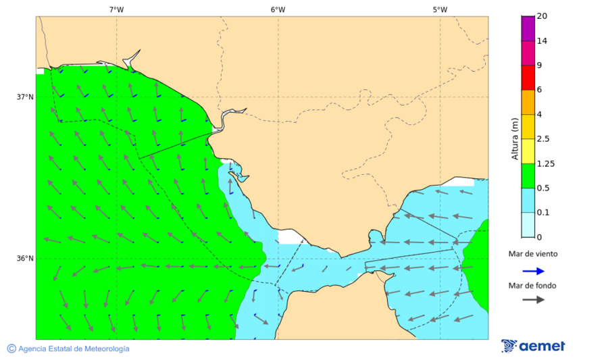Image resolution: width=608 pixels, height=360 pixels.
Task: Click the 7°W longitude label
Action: [x=116, y=9]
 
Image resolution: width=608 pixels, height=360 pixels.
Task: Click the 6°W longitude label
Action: [x=278, y=9]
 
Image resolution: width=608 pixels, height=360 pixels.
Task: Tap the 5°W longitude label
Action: [x=440, y=9]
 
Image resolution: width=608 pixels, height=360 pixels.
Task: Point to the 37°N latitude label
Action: [x=25, y=97]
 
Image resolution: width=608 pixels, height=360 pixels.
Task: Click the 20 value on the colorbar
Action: [x=542, y=16]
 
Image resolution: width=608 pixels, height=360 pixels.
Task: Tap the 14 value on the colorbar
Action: [x=542, y=41]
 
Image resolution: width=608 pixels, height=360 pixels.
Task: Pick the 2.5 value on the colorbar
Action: [x=543, y=139]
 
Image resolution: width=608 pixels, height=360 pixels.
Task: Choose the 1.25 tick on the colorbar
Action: [x=545, y=163]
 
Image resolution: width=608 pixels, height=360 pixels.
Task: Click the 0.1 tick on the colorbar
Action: [x=543, y=213]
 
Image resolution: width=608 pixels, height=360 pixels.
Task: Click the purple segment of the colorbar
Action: [x=528, y=28]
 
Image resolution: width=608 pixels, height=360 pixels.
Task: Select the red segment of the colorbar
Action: [x=528, y=78]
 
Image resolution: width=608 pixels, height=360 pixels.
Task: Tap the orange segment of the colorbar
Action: [x=528, y=102]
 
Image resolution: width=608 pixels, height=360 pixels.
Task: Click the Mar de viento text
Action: [x=533, y=254]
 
